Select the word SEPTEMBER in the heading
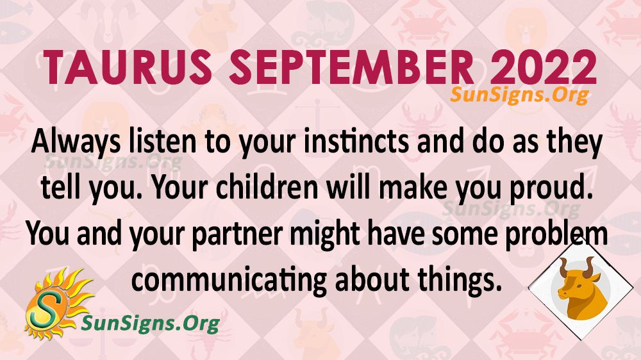(351, 67)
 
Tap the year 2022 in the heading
(542, 67)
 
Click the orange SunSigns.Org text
(519, 95)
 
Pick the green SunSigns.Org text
(151, 323)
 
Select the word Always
(76, 143)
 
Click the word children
(267, 187)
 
